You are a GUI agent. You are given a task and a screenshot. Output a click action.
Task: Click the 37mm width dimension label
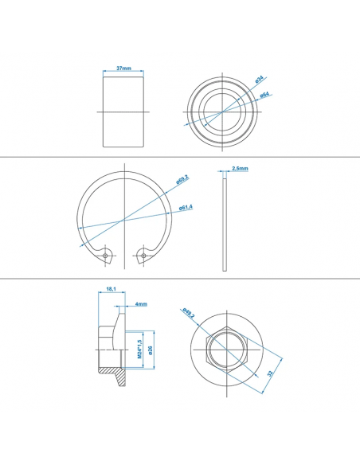coord(123,69)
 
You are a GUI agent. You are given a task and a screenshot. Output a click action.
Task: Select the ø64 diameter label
coord(264,96)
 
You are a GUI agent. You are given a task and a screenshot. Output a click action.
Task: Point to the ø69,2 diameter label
coord(182,180)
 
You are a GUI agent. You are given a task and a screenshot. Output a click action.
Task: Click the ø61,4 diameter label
coord(185,208)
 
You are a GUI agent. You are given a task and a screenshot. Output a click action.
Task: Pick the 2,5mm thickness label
coord(240,169)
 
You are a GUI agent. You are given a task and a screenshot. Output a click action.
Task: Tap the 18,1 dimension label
coord(112,291)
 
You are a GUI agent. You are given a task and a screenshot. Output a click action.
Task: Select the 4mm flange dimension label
coord(140,303)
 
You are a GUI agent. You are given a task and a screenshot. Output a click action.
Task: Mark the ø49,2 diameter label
coord(188,313)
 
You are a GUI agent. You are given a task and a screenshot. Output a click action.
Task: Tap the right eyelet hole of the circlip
coord(142,255)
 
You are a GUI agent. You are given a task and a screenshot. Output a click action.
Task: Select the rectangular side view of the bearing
coord(123,110)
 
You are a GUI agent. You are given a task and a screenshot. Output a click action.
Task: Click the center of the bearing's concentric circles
coord(219,111)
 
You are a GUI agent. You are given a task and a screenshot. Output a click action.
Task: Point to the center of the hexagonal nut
coord(229,350)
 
